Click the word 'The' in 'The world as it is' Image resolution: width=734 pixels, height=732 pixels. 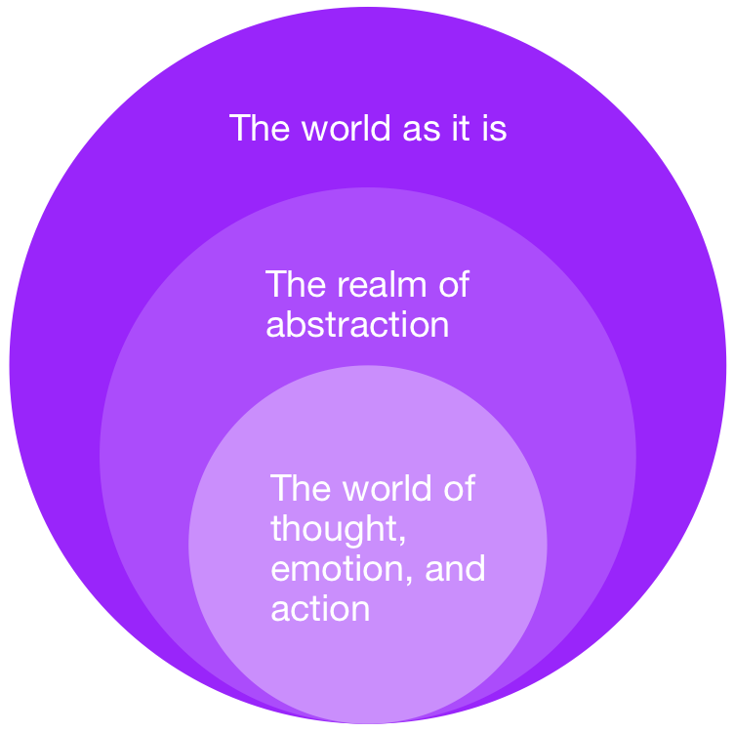[x=260, y=127]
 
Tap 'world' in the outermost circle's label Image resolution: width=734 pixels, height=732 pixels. [x=346, y=127]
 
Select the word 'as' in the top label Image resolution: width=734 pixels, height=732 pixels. [x=422, y=130]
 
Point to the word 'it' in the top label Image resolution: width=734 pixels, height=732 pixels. [x=461, y=127]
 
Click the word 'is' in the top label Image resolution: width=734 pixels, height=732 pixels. [x=494, y=127]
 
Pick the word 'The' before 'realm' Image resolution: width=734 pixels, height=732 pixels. [x=296, y=284]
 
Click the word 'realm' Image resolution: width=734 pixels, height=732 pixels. [x=382, y=284]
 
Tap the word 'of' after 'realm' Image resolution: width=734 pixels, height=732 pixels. [x=454, y=284]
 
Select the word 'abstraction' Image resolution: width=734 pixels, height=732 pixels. [x=357, y=324]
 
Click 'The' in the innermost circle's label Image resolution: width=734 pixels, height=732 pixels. [x=301, y=488]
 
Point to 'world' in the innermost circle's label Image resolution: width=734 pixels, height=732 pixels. [x=387, y=488]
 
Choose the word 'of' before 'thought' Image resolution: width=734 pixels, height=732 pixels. [x=459, y=488]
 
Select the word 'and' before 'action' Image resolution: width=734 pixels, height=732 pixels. [x=455, y=568]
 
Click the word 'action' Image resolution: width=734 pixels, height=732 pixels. [x=321, y=608]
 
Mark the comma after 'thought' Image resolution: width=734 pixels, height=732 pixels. [x=402, y=540]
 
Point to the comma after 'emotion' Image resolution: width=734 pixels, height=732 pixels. [x=409, y=580]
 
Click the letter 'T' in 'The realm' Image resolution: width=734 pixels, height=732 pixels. [x=275, y=284]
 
